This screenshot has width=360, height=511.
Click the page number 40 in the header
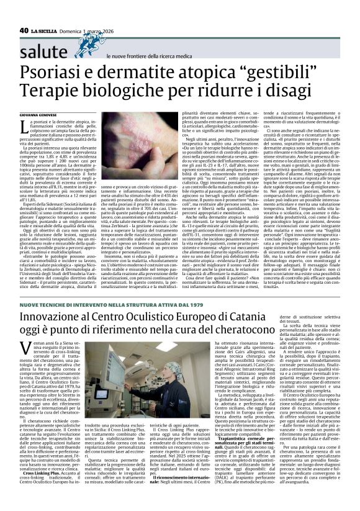pos(25,29)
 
